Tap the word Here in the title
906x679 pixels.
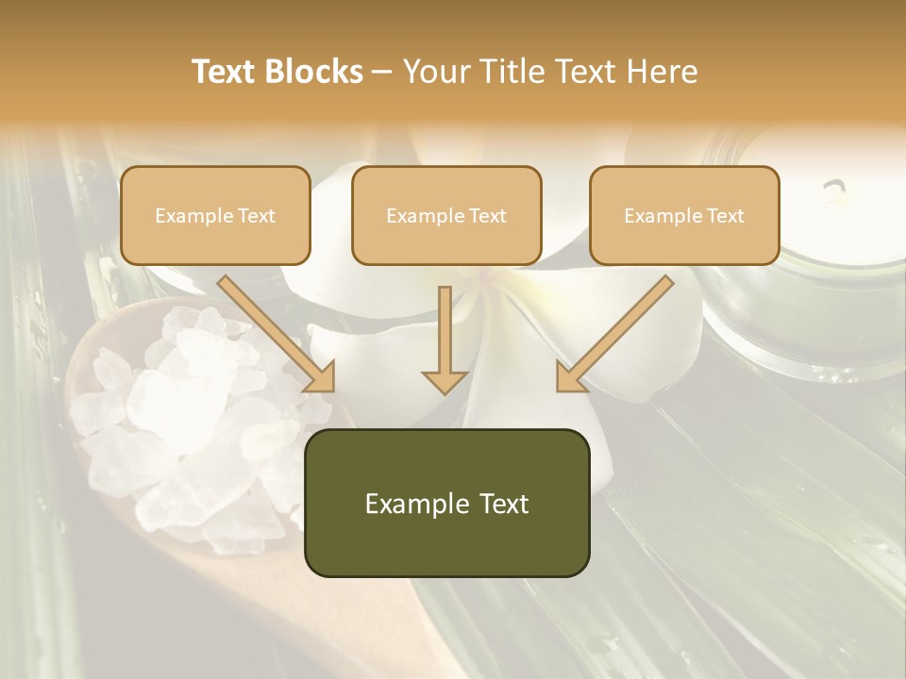pyautogui.click(x=660, y=72)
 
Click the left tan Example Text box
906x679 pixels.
pyautogui.click(x=215, y=216)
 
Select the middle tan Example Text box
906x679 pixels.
pyautogui.click(x=446, y=216)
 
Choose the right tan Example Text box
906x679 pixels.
pyautogui.click(x=684, y=216)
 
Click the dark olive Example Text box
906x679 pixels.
pyautogui.click(x=446, y=504)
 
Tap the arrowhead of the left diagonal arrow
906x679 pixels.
pyautogui.click(x=321, y=377)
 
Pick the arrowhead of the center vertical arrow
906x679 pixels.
pyautogui.click(x=445, y=381)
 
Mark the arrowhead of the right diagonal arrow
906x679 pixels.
pyautogui.click(x=569, y=377)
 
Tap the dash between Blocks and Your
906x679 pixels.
pyautogui.click(x=382, y=72)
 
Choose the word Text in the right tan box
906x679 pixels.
pyautogui.click(x=725, y=216)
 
